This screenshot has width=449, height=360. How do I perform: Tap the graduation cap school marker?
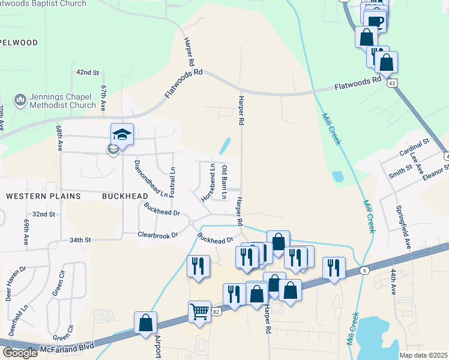tap(122, 135)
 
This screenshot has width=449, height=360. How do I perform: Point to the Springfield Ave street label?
tap(403, 228)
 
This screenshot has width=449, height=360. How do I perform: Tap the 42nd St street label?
tap(88, 72)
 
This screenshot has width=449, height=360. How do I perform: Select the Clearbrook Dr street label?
tap(158, 235)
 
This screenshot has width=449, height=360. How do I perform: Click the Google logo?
tap(20, 353)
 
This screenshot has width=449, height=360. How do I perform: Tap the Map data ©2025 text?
tap(423, 355)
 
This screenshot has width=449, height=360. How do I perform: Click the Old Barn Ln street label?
tap(224, 182)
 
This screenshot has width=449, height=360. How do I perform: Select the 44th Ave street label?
tap(394, 281)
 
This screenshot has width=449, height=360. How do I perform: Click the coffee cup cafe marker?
tap(375, 22)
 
